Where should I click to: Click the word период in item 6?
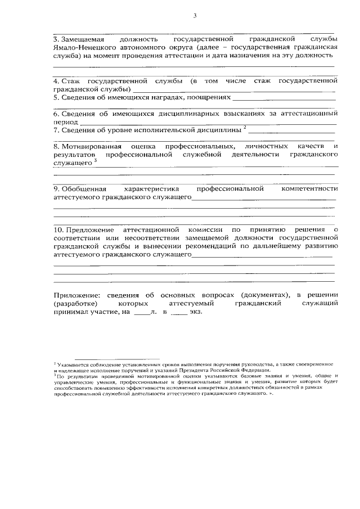click(65, 121)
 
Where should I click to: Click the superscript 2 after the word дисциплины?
click(245, 128)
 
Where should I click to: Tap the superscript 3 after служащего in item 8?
click(96, 161)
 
